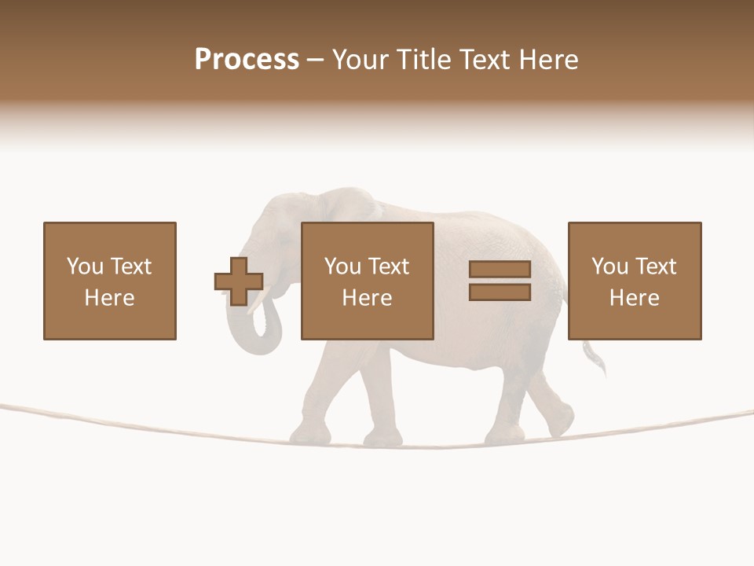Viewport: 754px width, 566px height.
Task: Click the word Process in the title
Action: [247, 60]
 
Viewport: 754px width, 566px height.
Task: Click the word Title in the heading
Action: [424, 60]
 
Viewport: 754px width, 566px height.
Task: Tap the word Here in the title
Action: [549, 60]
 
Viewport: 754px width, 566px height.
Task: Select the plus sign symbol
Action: [239, 281]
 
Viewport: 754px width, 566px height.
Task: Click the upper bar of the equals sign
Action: [500, 270]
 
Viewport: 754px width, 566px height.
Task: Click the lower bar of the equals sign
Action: [500, 292]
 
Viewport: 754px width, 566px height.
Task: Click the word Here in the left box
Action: [109, 298]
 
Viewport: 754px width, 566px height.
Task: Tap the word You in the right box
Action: [609, 266]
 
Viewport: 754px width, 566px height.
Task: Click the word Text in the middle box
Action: [389, 266]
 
